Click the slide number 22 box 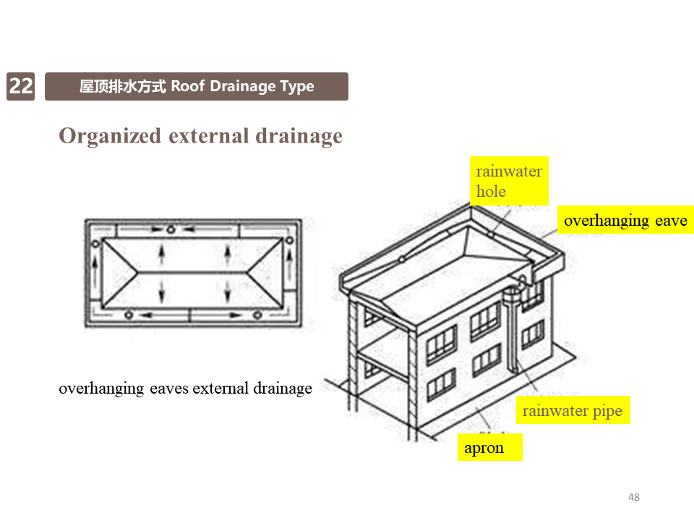click(x=20, y=86)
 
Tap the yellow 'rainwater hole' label click(x=508, y=181)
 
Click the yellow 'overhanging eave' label click(x=625, y=220)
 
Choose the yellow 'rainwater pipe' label click(x=572, y=411)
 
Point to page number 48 click(x=634, y=497)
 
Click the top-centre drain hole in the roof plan click(x=171, y=230)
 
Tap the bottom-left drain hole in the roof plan click(x=129, y=314)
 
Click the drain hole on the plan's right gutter click(x=290, y=240)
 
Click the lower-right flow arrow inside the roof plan click(x=228, y=291)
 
